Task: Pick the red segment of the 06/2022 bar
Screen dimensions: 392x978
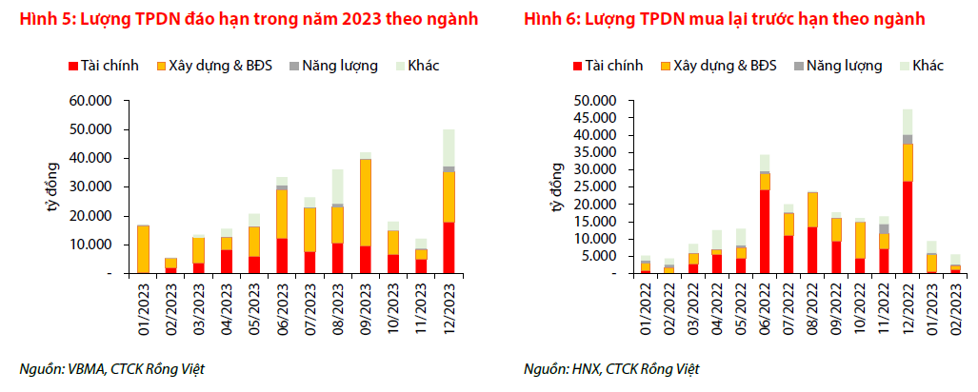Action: coord(765,231)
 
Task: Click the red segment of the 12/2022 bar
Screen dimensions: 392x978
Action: coord(908,226)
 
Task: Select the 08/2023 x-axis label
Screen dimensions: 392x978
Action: coord(338,307)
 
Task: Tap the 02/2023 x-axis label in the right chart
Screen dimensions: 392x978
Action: coord(955,307)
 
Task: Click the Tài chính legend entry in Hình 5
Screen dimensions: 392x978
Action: coord(103,66)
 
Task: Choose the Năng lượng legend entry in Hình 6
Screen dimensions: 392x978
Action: coord(839,66)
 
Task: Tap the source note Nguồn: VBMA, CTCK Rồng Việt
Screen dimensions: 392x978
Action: coord(113,369)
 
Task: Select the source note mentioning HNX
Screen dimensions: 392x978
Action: coord(617,369)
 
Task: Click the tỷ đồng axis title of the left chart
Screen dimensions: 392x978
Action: coord(54,186)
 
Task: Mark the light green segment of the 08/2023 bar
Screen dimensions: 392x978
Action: coord(338,186)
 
